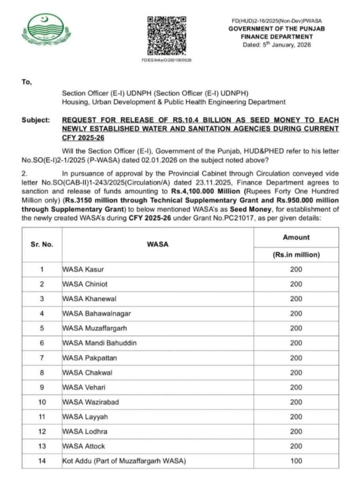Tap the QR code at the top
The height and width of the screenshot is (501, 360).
[167, 35]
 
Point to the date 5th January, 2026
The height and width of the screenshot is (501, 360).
[276, 45]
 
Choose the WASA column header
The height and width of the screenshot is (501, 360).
[157, 245]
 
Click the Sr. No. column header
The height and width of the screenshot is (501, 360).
[42, 245]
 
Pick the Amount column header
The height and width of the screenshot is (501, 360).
[296, 237]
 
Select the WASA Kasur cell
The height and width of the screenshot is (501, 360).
[83, 270]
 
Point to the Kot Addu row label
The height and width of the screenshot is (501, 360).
[124, 461]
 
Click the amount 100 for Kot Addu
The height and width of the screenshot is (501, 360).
[296, 461]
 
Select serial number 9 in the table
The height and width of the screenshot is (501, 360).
[42, 387]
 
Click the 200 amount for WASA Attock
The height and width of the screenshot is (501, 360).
[296, 446]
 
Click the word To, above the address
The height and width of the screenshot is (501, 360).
[26, 82]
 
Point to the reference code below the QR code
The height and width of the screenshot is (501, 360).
[166, 60]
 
